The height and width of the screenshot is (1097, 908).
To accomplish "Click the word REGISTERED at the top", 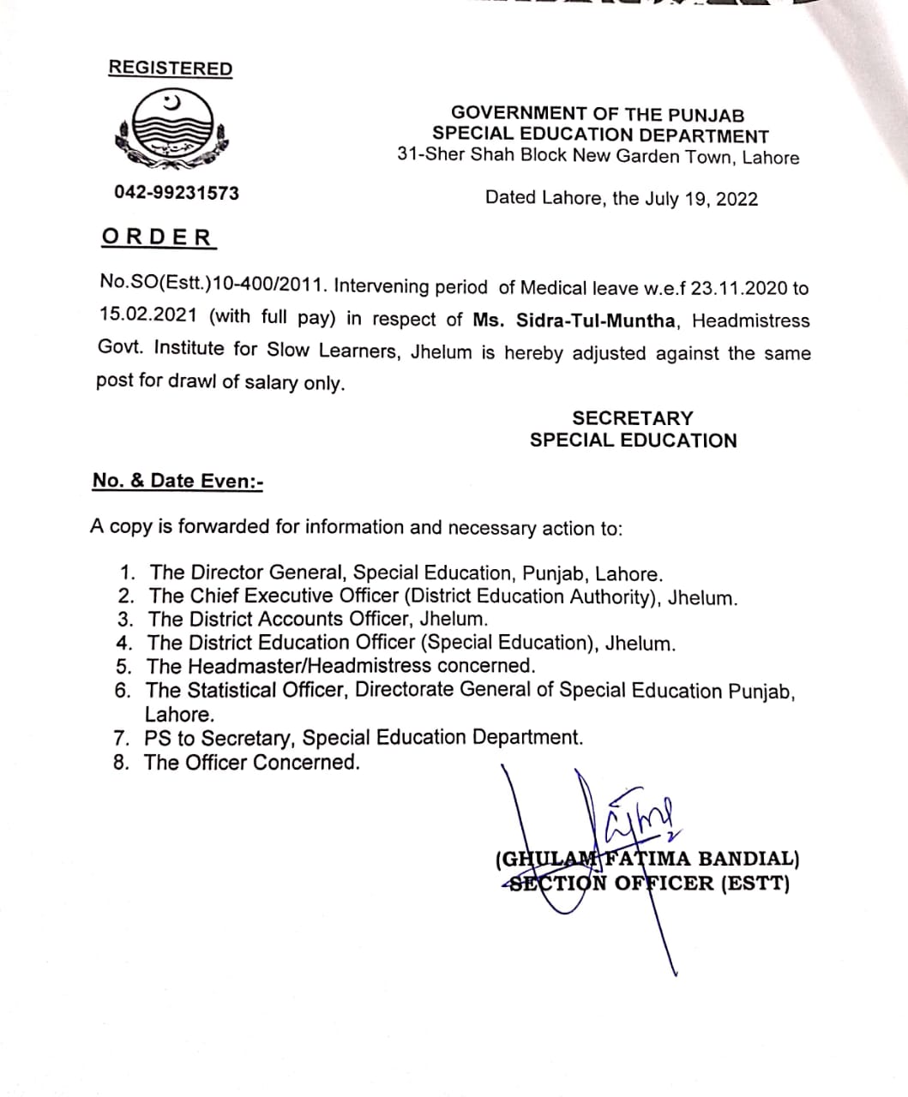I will pos(170,69).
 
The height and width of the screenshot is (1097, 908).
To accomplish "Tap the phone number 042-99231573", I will pos(177,193).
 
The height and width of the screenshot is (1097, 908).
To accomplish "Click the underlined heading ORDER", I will pos(157,237).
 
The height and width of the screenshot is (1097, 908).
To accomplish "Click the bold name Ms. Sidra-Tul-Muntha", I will pos(576,320).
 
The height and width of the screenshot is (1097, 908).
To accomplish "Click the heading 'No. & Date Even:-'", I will pos(177,481).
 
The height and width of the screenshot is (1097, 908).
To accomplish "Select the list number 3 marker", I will pos(126,619).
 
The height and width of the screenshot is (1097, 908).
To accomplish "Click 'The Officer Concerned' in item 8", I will pos(252,762).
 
